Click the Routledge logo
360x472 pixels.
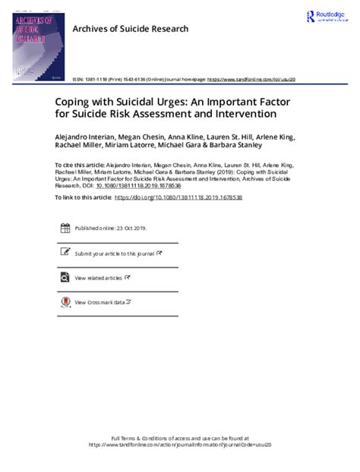click(327, 17)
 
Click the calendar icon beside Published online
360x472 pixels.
click(64, 228)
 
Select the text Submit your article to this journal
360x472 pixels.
click(114, 253)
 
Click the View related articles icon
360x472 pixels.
click(64, 278)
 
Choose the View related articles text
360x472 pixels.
click(99, 278)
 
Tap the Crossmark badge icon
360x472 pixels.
click(64, 303)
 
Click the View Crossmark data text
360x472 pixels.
click(99, 303)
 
